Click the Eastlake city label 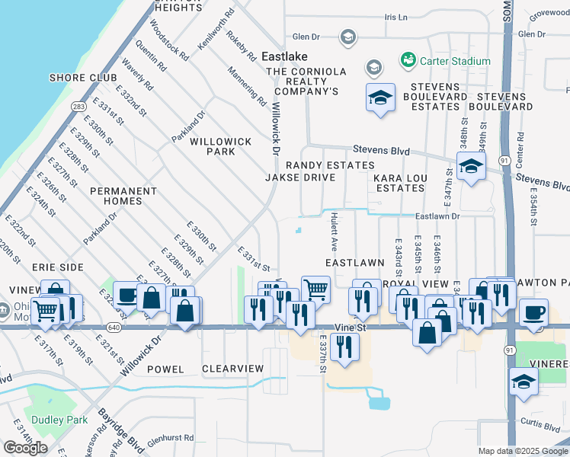(283, 56)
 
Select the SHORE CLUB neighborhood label (83, 78)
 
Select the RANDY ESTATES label (330, 165)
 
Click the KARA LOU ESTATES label (399, 183)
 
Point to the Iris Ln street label (396, 17)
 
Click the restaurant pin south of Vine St (345, 347)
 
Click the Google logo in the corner (25, 448)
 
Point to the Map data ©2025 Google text (523, 451)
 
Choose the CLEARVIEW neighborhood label (232, 369)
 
